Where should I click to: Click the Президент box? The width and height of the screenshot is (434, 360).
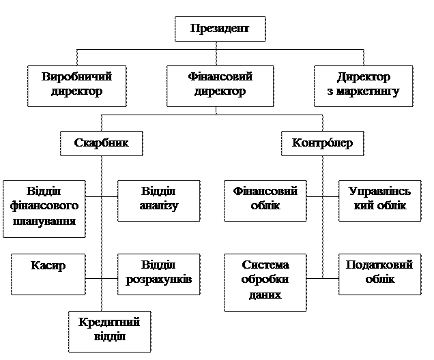pyautogui.click(x=219, y=29)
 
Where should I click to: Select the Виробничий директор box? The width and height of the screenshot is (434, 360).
pyautogui.click(x=76, y=85)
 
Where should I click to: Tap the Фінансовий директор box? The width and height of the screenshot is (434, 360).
pyautogui.click(x=220, y=85)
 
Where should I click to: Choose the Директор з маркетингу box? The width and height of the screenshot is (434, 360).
pyautogui.click(x=364, y=85)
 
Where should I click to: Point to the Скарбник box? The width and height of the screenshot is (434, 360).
pyautogui.click(x=102, y=144)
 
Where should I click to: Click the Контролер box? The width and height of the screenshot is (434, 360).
pyautogui.click(x=323, y=144)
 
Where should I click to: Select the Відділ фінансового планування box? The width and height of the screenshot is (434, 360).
pyautogui.click(x=44, y=207)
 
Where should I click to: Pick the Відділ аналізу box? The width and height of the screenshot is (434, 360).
pyautogui.click(x=159, y=199)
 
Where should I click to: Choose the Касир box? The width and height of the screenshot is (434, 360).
pyautogui.click(x=48, y=273)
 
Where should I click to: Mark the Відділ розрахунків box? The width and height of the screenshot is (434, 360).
pyautogui.click(x=159, y=273)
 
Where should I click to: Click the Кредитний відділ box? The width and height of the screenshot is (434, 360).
pyautogui.click(x=109, y=330)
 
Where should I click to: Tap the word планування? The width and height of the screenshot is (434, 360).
pyautogui.click(x=44, y=222)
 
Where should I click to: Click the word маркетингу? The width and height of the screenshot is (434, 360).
pyautogui.click(x=364, y=92)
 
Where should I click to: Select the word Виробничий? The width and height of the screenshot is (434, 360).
pyautogui.click(x=76, y=77)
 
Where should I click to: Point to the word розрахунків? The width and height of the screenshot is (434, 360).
pyautogui.click(x=159, y=280)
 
